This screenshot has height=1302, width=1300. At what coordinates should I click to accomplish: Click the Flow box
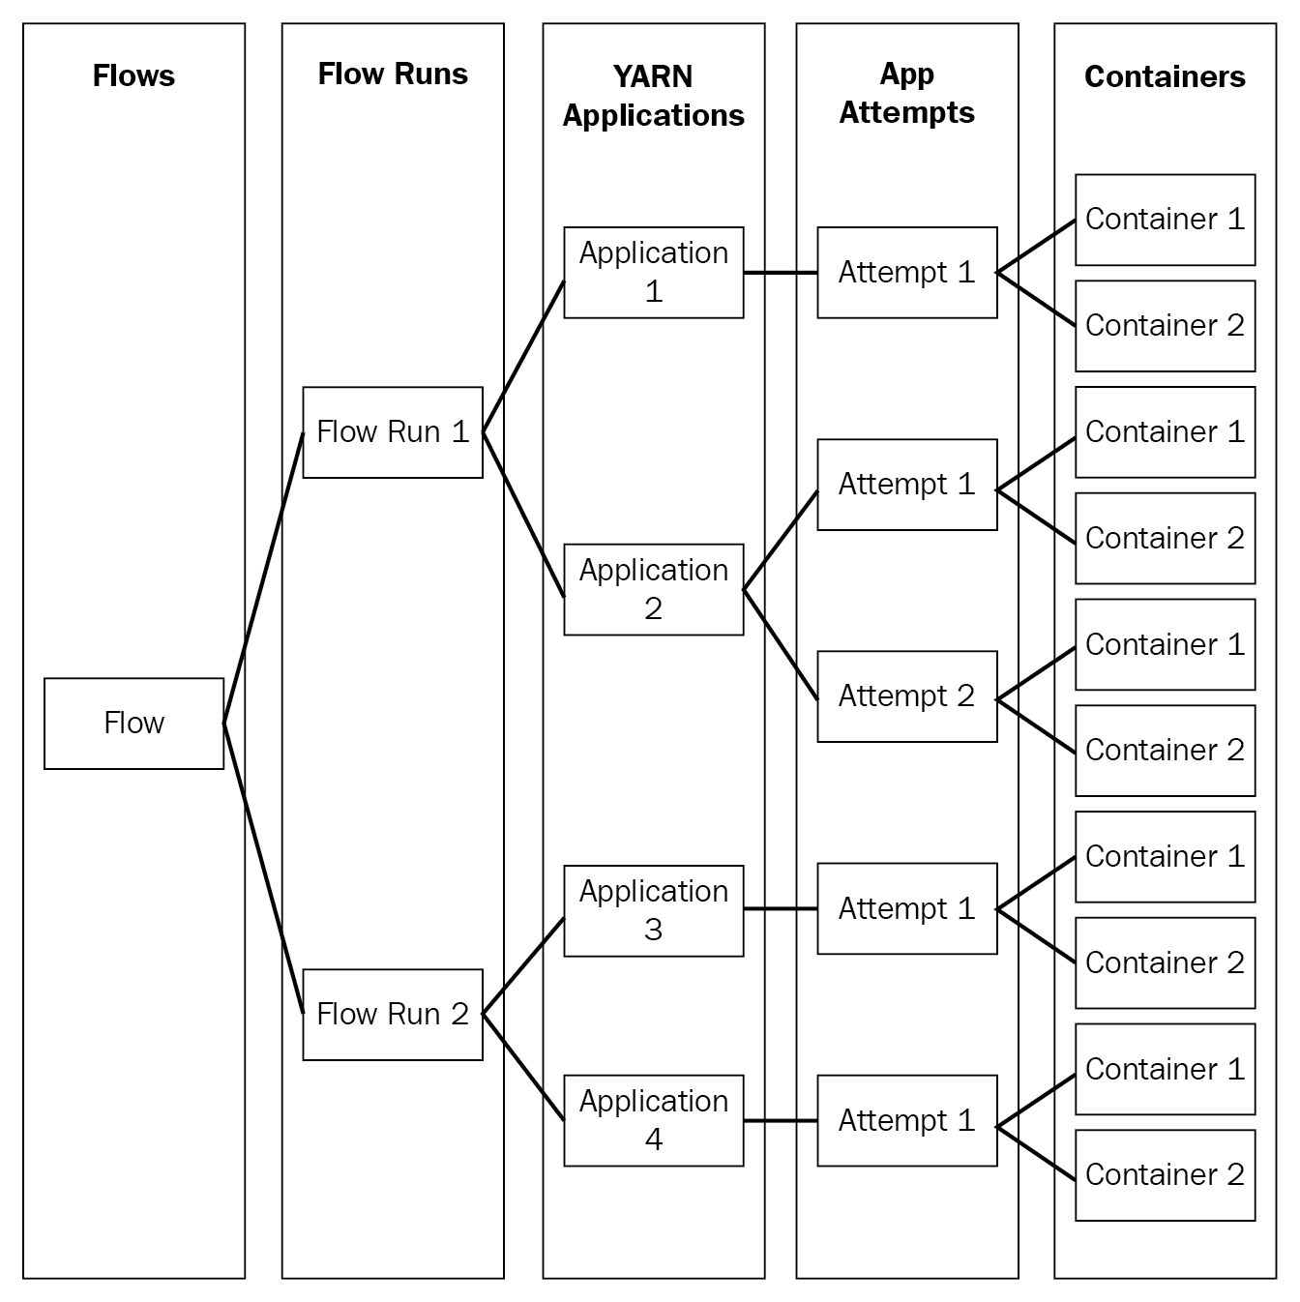[133, 724]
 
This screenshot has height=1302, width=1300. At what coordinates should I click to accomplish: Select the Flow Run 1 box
[393, 432]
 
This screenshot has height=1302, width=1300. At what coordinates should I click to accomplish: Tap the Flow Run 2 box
[393, 1015]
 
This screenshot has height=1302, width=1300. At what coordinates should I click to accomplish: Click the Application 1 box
[653, 272]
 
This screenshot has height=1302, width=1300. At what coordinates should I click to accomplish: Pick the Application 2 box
[653, 590]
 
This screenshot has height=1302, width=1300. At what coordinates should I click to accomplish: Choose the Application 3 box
[653, 911]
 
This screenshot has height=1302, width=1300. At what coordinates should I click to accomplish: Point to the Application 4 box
[653, 1121]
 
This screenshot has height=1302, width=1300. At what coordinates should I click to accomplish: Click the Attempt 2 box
[906, 696]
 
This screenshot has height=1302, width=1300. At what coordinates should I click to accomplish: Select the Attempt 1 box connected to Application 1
[906, 272]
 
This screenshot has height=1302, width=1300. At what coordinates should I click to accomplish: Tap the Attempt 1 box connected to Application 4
[906, 1121]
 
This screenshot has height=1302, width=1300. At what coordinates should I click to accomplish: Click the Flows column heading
[133, 75]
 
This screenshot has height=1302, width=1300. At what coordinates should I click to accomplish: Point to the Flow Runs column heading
[393, 74]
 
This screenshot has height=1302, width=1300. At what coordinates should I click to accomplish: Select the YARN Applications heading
[653, 95]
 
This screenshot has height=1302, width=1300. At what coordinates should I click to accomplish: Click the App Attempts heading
[906, 94]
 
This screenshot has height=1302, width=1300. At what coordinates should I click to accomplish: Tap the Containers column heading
[1165, 76]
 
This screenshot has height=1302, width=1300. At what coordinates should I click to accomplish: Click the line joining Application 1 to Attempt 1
[781, 272]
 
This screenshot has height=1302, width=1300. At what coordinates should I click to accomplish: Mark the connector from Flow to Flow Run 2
[263, 869]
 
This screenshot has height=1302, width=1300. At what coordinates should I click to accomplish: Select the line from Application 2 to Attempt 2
[781, 644]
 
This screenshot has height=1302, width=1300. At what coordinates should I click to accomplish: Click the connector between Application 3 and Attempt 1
[781, 908]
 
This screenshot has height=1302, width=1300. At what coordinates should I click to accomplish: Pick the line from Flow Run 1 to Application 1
[523, 356]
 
